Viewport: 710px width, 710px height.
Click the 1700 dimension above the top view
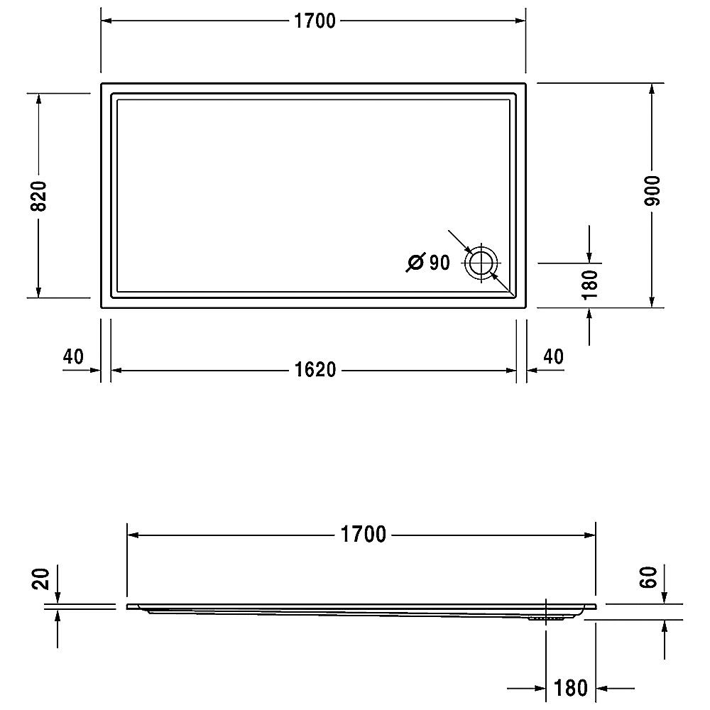coord(315,21)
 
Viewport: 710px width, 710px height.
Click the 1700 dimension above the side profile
coord(363,535)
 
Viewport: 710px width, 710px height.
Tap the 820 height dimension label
coord(38,196)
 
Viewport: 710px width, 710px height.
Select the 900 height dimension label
coord(652,190)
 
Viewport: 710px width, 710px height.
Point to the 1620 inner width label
coord(315,370)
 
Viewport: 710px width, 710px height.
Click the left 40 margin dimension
coord(73,356)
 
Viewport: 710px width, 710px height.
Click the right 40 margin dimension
coord(553,356)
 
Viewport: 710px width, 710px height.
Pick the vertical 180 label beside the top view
coord(590,285)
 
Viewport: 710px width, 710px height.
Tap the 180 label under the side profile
coord(571,688)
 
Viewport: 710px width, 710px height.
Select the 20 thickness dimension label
coord(40,579)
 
